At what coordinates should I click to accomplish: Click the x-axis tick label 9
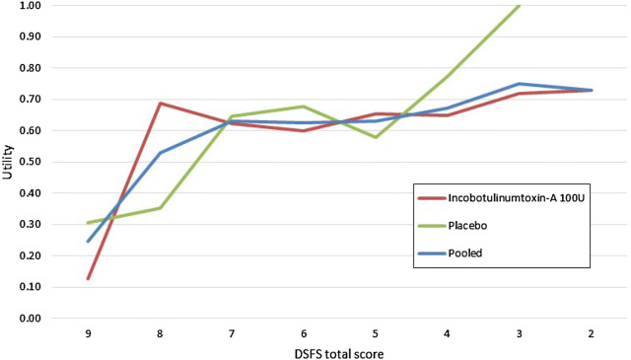[x=88, y=333]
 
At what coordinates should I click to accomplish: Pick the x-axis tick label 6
[x=303, y=333]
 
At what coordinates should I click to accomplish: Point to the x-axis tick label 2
[x=590, y=333]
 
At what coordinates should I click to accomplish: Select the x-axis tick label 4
[x=447, y=333]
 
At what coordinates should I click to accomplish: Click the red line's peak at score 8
[x=160, y=104]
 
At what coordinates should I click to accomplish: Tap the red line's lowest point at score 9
[x=88, y=279]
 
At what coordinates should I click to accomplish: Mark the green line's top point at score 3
[x=519, y=6]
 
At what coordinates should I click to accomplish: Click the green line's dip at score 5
[x=375, y=137]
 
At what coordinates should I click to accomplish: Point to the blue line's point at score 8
[x=160, y=153]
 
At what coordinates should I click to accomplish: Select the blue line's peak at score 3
[x=519, y=84]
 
